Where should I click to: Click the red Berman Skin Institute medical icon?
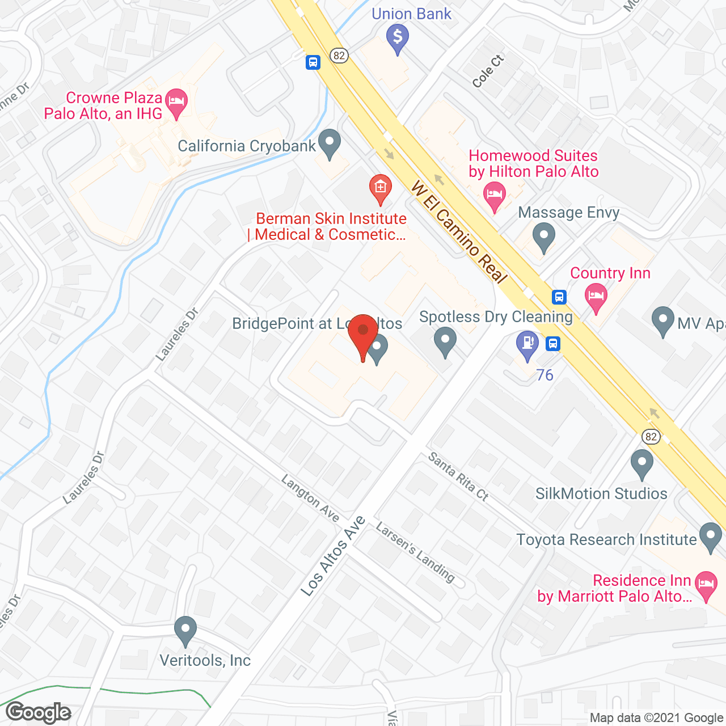(380, 187)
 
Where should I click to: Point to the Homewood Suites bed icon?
(495, 195)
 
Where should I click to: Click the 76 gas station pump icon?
(527, 344)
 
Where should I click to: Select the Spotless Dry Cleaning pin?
(445, 342)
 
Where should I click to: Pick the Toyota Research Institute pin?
(710, 536)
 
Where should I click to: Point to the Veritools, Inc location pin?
(185, 630)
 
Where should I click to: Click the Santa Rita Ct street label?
(458, 476)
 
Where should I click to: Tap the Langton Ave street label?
(310, 498)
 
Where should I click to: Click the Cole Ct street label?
(488, 71)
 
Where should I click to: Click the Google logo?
(39, 712)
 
